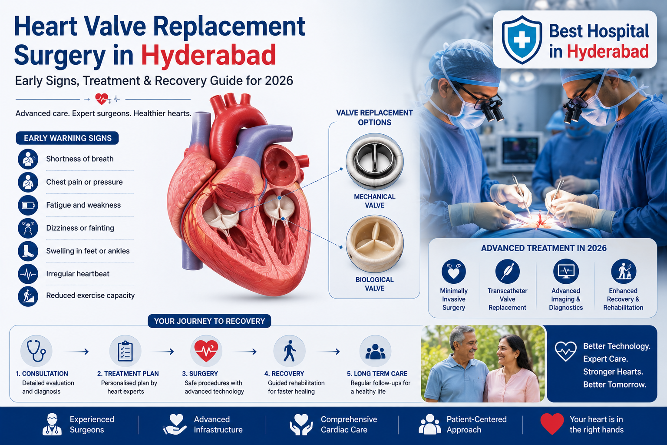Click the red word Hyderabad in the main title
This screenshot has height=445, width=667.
tap(208, 55)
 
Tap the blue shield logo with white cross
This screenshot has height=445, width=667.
tap(522, 40)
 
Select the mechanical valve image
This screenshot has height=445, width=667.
tap(375, 161)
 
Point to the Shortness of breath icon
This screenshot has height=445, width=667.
tap(28, 159)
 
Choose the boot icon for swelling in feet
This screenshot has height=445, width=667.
tap(28, 251)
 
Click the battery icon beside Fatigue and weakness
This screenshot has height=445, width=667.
tap(28, 206)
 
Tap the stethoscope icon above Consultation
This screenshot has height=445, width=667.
tap(36, 351)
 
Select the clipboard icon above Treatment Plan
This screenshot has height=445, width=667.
tap(125, 351)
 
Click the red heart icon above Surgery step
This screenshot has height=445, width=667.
tap(206, 351)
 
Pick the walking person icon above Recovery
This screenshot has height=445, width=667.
tap(290, 351)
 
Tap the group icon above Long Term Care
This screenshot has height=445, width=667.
tap(375, 351)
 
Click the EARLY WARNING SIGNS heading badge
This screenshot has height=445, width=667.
tap(67, 138)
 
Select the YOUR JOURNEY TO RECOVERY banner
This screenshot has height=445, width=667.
tap(209, 321)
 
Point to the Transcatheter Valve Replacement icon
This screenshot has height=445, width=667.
tap(507, 271)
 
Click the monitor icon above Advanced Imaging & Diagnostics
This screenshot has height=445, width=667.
tap(566, 271)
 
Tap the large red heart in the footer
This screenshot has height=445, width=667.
tap(552, 424)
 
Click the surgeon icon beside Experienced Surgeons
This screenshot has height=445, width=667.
tap(52, 424)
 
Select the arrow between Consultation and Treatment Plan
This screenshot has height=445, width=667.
tap(77, 352)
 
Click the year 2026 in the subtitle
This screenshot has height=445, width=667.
tap(279, 81)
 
